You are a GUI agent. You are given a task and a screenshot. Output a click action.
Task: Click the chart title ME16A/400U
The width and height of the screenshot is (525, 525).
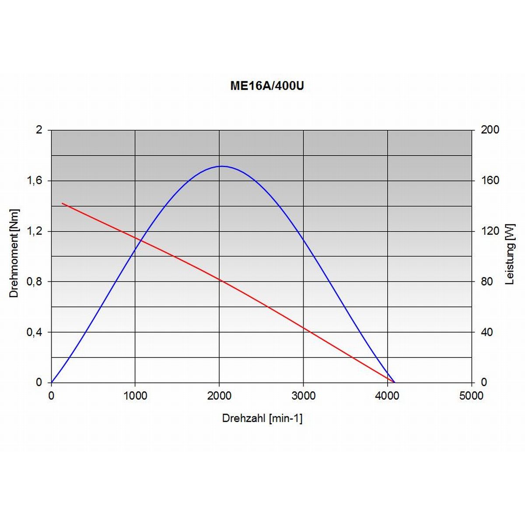tap(267, 86)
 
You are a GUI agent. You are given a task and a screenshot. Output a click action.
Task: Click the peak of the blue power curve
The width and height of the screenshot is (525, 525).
tap(222, 166)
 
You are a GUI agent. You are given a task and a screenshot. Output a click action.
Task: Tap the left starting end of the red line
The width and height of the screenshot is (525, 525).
tap(62, 203)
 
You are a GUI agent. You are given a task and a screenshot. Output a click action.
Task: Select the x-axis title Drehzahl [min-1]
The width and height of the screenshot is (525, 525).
tap(262, 418)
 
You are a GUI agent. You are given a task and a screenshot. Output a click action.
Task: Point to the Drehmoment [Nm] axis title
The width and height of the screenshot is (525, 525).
tap(14, 253)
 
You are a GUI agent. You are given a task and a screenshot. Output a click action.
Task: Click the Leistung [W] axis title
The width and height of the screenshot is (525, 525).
tap(510, 254)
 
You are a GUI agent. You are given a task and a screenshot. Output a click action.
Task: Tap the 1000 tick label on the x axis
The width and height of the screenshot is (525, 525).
tap(135, 396)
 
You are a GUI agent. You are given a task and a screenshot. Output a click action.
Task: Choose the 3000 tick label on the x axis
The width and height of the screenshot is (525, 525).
tap(303, 396)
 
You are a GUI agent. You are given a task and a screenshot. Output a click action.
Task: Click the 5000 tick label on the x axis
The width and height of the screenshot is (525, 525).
tap(471, 396)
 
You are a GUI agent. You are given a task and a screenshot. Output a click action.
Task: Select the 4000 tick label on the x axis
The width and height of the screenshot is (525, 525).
tap(387, 396)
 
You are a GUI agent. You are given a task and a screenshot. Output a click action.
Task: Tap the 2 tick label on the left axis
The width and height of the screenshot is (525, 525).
tap(39, 130)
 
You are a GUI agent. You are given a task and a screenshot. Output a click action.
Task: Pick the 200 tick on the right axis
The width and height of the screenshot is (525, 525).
tap(490, 130)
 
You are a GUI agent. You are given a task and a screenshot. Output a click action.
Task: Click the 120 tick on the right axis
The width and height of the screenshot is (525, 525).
tap(490, 231)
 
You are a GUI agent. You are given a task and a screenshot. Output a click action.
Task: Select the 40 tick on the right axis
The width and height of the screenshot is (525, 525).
tap(487, 332)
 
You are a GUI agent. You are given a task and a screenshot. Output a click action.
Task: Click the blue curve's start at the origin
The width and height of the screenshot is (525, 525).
tap(52, 382)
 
